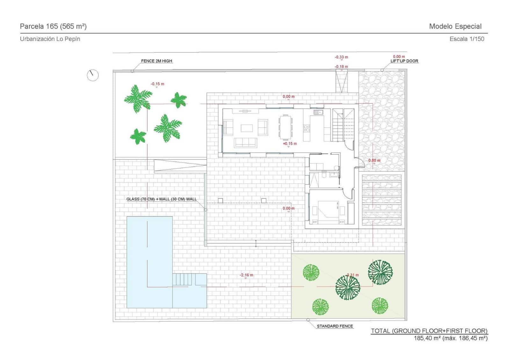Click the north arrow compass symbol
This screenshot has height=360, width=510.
(x=92, y=75)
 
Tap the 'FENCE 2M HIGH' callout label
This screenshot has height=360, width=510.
(x=157, y=61)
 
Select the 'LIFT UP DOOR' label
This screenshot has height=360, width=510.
(x=404, y=61)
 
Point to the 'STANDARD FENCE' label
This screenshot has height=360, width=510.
(x=335, y=326)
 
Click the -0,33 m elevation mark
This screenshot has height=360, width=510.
(x=341, y=57)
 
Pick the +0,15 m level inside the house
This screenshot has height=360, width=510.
(x=289, y=144)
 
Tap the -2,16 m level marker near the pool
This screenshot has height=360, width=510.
(x=246, y=275)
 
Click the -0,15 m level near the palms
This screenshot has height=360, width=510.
(x=157, y=84)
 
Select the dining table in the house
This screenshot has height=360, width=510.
(x=286, y=127)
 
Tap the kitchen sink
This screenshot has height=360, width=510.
(x=318, y=112)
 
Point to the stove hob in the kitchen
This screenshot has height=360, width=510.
(x=307, y=128)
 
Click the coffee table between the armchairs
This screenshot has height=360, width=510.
(x=247, y=128)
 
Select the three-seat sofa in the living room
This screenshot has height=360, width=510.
(x=245, y=142)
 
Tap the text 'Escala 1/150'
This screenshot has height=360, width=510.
(x=467, y=39)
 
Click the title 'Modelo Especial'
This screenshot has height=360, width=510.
(x=455, y=26)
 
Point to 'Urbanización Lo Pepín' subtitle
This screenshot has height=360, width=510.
(x=50, y=39)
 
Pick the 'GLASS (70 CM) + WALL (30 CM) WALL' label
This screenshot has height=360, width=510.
(x=161, y=199)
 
